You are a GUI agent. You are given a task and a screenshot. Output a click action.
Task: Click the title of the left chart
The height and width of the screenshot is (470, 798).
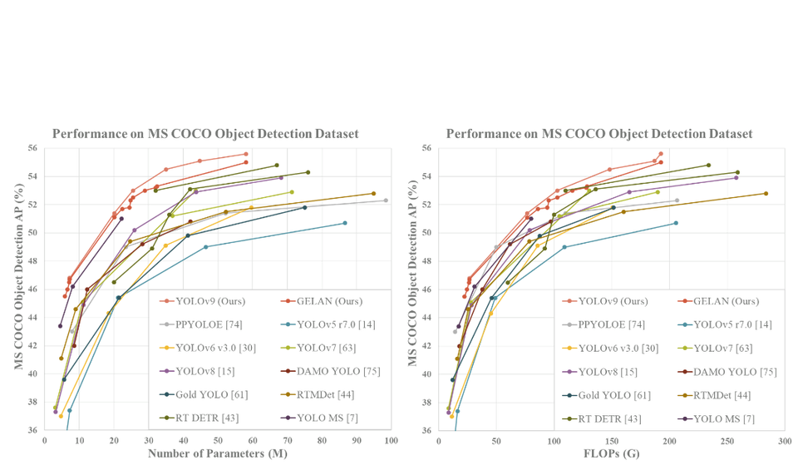tap(205, 134)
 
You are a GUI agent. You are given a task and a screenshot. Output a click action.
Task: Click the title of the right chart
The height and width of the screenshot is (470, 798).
tap(599, 134)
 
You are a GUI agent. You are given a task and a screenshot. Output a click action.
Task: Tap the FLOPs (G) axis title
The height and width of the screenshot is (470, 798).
tap(600, 453)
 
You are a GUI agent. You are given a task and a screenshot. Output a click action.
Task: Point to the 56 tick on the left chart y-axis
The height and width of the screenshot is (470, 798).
tap(33, 148)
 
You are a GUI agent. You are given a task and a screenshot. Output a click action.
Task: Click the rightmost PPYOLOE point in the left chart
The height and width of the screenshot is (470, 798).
tap(386, 200)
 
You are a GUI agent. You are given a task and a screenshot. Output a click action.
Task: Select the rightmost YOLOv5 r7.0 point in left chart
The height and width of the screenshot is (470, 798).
tap(344, 223)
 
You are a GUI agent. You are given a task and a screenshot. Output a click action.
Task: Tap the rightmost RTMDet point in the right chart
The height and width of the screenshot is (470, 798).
tap(766, 194)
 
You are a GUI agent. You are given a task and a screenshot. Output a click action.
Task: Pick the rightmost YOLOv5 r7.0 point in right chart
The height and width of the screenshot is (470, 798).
tap(676, 223)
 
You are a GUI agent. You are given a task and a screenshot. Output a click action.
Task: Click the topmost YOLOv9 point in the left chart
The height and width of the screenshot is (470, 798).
tap(246, 154)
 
